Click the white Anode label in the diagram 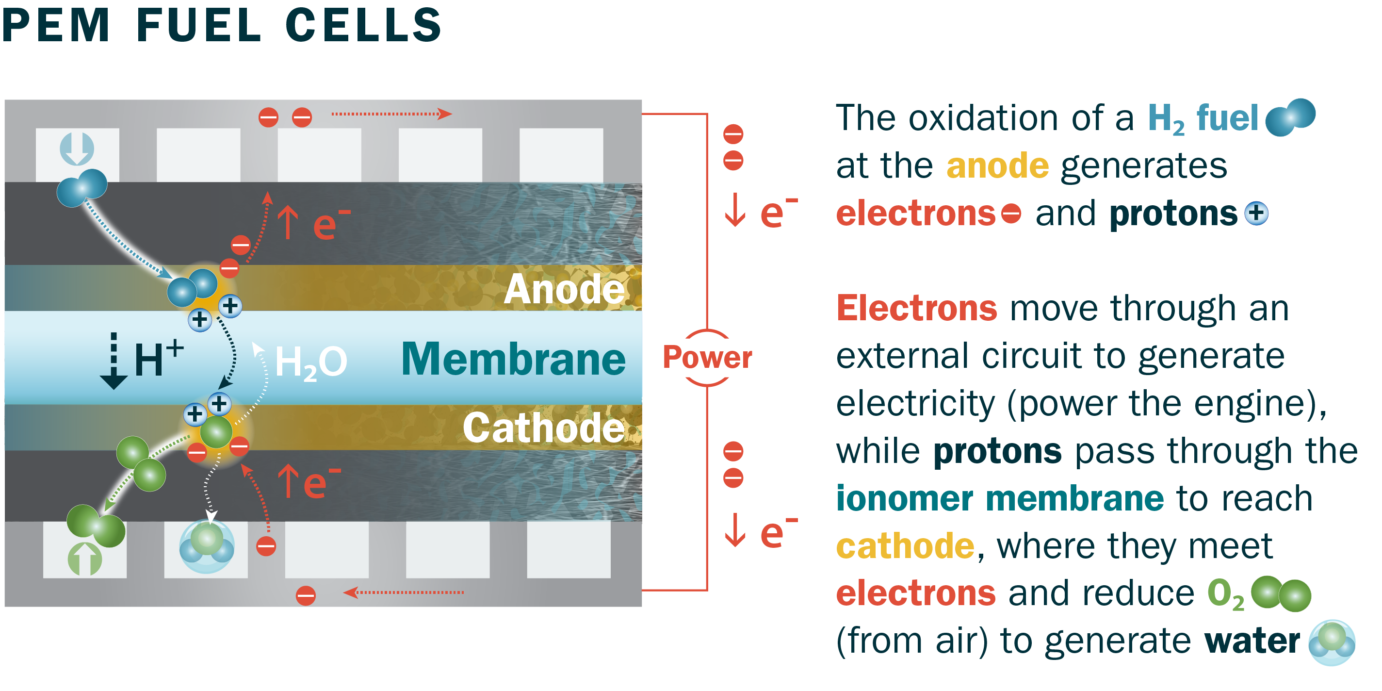(564, 289)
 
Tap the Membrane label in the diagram (513, 359)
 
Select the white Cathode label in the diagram (543, 428)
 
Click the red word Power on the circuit (707, 357)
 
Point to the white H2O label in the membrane (310, 362)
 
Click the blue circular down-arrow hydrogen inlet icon (77, 148)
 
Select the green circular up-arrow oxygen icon (85, 559)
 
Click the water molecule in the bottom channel (207, 546)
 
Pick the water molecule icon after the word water (1332, 642)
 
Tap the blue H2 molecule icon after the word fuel (1290, 117)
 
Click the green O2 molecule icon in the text (1281, 594)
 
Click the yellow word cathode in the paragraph (905, 546)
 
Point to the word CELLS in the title (363, 25)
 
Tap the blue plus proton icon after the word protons (1256, 213)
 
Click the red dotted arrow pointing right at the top (391, 114)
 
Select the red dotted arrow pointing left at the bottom (404, 592)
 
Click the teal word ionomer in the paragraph (905, 498)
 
